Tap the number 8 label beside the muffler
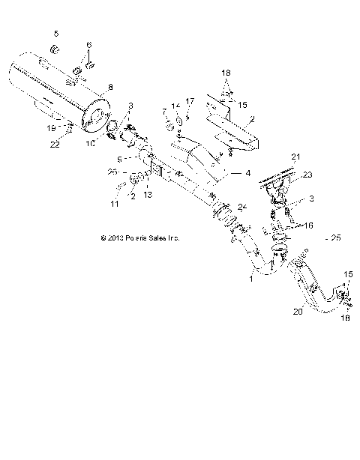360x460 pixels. tap(110, 87)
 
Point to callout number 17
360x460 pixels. tap(190, 100)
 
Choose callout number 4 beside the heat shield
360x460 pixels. tap(225, 173)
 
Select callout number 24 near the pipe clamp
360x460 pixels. tap(241, 207)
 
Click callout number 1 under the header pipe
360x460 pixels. tap(250, 278)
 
